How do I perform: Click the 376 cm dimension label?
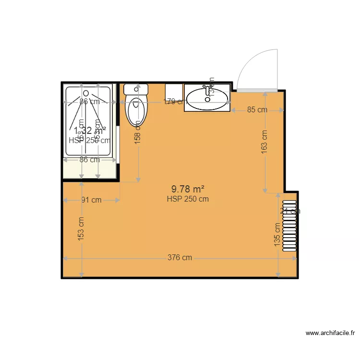pos(180,258)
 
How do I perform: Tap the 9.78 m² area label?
pos(188,189)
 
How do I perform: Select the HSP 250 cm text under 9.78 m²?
pos(188,199)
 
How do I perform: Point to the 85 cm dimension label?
pos(257,110)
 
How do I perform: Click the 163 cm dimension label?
pos(264,142)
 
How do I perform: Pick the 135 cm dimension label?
pos(277,235)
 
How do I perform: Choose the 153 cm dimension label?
pos(81,228)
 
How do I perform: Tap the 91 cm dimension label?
pos(91,200)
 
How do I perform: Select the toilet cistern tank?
pos(136,89)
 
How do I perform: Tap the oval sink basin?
pos(207,99)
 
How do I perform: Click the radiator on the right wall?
pos(290,226)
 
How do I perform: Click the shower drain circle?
pos(86,92)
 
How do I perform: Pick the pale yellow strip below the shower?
pos(90,168)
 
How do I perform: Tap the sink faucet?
pos(208,89)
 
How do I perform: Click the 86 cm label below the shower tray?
pos(89,160)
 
